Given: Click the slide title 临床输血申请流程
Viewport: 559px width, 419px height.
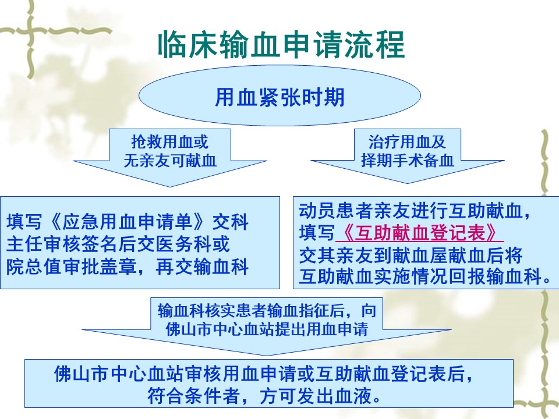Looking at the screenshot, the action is (281, 45).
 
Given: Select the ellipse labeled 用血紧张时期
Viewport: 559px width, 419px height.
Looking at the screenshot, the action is (279, 95).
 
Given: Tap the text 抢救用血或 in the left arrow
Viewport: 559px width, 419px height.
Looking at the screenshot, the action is (169, 142).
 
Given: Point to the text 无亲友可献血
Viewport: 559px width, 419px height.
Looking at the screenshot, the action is (170, 161).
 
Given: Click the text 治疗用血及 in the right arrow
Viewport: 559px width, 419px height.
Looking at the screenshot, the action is (407, 142).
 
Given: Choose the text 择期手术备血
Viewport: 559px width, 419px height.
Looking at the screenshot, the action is (407, 160).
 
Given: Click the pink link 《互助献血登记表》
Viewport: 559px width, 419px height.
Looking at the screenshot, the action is (420, 233).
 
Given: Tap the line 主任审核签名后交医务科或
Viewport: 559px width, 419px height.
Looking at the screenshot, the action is (118, 244).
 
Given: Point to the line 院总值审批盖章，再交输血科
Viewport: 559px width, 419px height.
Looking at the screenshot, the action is (128, 267).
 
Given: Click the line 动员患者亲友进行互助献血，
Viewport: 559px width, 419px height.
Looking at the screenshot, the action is (415, 211).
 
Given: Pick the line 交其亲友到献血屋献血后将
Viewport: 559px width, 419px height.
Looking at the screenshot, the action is (411, 255).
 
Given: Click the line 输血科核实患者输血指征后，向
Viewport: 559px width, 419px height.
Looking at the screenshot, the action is (267, 311).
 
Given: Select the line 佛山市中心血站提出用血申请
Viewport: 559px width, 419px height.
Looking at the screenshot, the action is (267, 329).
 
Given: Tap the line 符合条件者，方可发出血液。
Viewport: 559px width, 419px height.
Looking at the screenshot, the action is (264, 396).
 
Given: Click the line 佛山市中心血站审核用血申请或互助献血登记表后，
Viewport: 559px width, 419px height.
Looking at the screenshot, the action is (264, 374).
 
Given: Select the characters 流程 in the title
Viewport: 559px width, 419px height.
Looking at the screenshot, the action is (374, 45).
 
